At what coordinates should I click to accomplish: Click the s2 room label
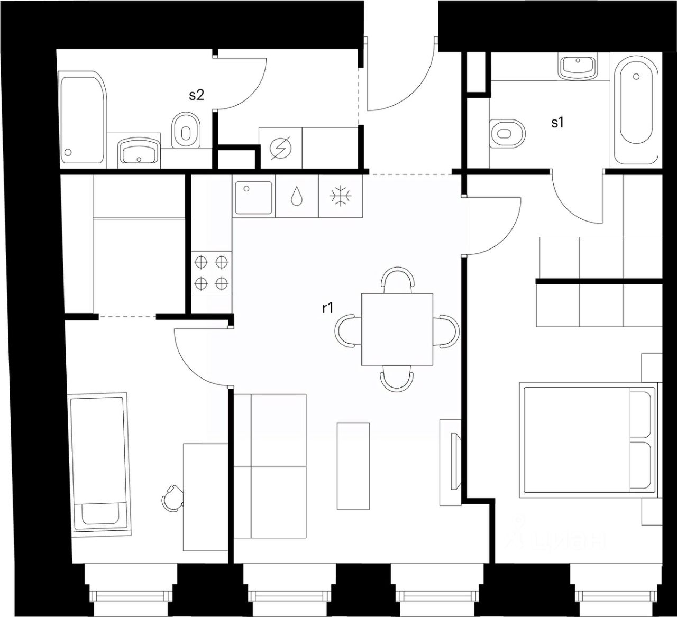(196, 95)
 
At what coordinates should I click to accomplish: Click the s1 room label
(557, 123)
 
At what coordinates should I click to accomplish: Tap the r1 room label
(327, 308)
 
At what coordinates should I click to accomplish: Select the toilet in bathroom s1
(508, 132)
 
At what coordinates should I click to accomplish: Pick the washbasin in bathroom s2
(139, 152)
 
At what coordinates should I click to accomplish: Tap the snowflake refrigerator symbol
(341, 196)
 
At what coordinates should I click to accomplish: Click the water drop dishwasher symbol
(297, 196)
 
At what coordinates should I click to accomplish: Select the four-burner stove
(212, 272)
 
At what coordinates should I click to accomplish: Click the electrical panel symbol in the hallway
(280, 148)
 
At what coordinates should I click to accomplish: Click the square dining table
(397, 329)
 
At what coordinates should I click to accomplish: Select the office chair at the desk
(173, 497)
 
